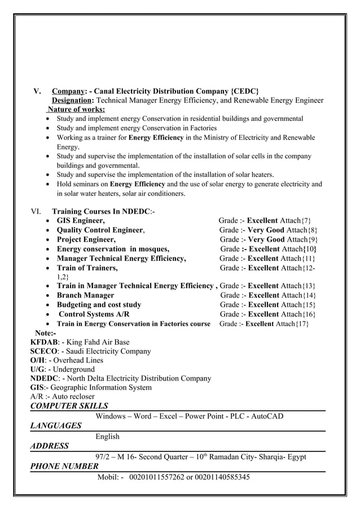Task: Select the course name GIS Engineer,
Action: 80,220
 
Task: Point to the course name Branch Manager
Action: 85,295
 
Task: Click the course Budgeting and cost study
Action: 99,305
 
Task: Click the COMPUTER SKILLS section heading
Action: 69,406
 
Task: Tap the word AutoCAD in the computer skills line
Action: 265,417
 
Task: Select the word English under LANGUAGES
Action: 108,436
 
